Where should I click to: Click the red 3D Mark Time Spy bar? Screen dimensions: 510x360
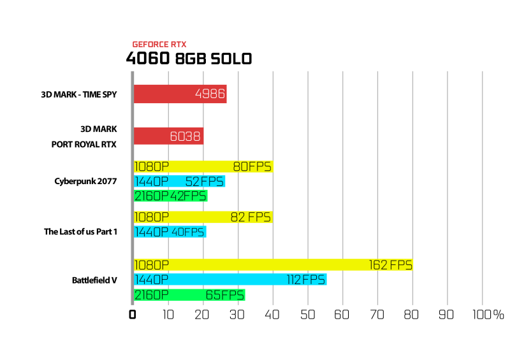click(180, 94)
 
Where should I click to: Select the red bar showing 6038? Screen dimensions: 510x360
click(168, 136)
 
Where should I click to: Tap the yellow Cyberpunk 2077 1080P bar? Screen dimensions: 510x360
click(203, 166)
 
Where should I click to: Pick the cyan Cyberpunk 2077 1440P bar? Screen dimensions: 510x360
click(180, 181)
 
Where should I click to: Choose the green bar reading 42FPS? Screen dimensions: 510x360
click(171, 196)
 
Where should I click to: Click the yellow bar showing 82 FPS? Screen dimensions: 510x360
click(203, 217)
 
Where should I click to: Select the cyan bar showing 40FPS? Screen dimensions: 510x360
click(170, 231)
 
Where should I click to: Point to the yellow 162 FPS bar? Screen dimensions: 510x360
click(273, 264)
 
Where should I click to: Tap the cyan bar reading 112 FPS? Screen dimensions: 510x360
click(230, 279)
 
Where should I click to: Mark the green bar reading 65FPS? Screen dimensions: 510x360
click(189, 294)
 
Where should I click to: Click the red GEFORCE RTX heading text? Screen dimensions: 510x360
click(159, 44)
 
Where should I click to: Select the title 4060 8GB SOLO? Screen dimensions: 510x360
click(189, 59)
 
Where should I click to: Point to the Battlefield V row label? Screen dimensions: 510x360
click(94, 280)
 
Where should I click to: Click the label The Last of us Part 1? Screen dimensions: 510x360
click(80, 231)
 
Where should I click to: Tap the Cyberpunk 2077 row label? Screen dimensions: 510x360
click(85, 181)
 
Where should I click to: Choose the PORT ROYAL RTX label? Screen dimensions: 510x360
click(84, 144)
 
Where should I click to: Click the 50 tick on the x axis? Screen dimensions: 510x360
click(307, 315)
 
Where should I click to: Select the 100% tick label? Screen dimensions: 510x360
click(488, 315)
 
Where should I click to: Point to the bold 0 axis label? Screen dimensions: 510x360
click(132, 315)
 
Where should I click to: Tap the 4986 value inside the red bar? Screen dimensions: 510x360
click(210, 94)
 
